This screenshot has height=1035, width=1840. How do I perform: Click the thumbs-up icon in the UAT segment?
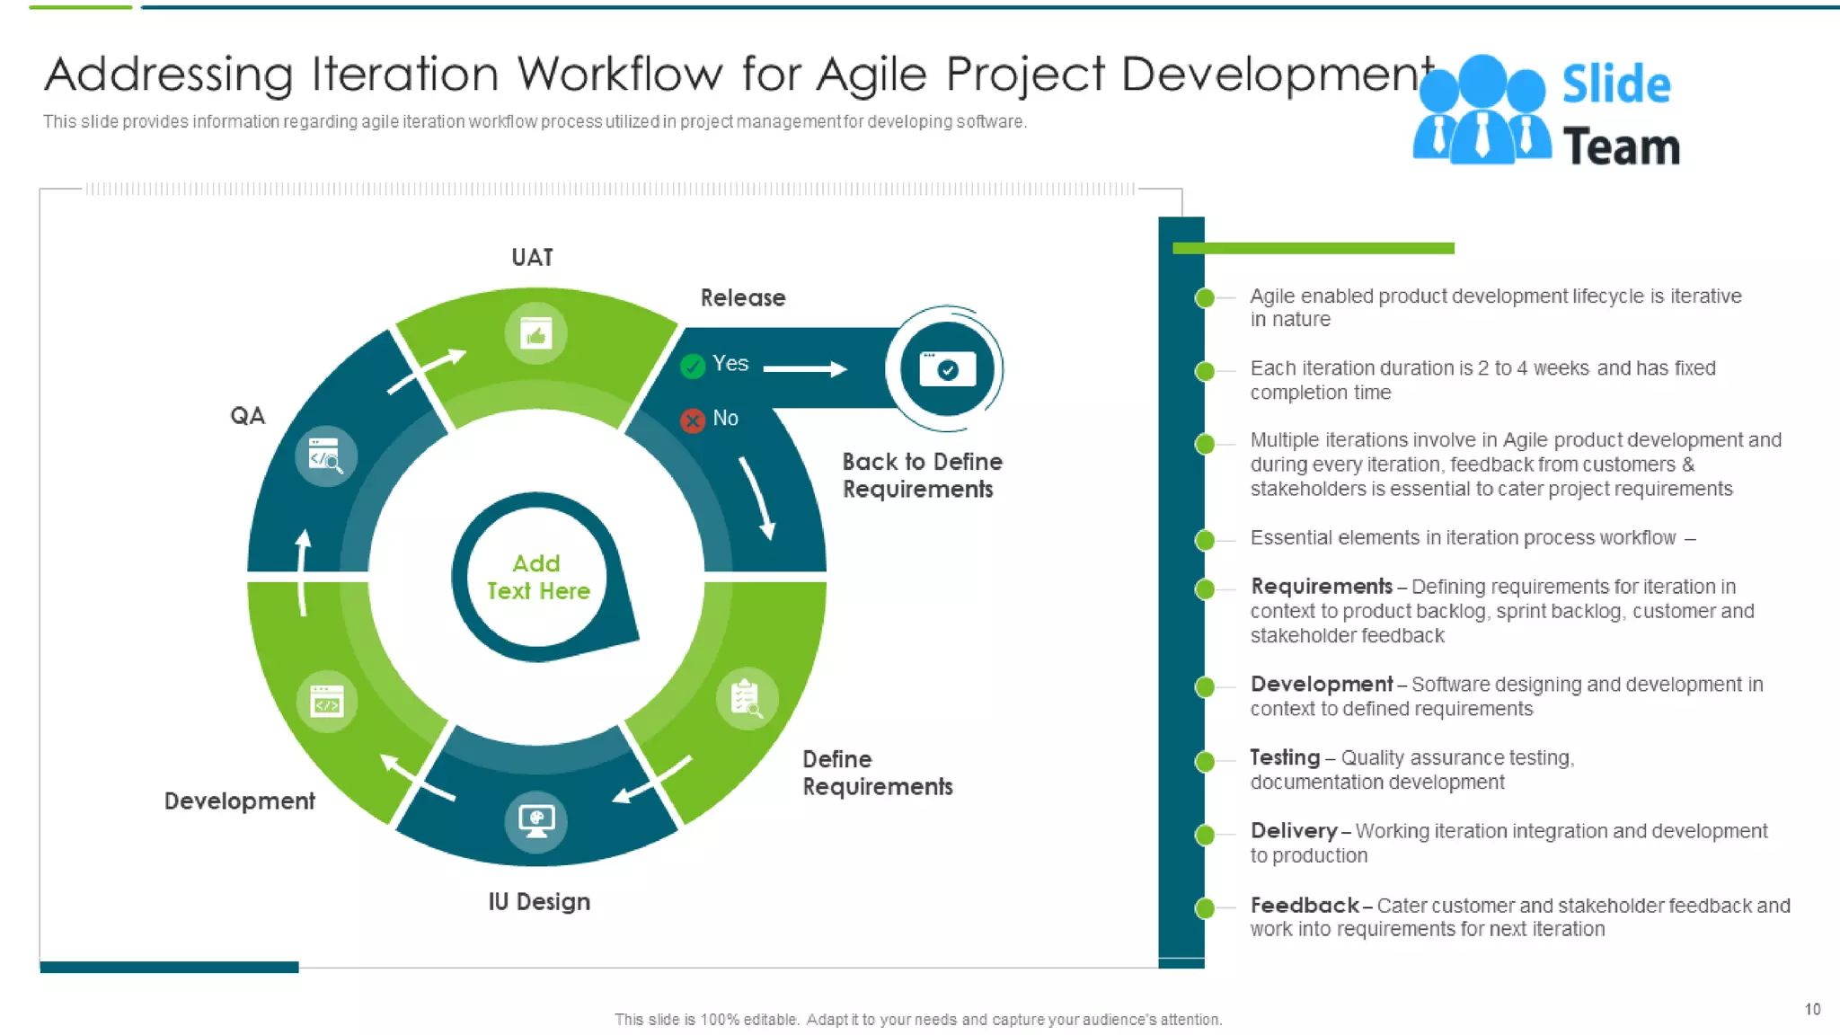point(535,334)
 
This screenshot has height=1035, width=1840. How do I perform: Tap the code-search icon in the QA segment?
point(325,456)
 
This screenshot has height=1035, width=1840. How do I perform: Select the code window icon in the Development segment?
point(326,701)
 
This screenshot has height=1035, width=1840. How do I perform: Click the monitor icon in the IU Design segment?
point(536,819)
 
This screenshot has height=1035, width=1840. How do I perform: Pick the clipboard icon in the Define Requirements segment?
point(746,698)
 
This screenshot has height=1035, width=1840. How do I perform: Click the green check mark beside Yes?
point(693,366)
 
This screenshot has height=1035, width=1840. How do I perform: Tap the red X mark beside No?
point(693,420)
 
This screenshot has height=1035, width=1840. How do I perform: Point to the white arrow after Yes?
point(805,368)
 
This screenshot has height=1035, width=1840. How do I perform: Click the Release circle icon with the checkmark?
point(946,369)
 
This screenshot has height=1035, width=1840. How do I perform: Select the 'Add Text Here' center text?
point(537,577)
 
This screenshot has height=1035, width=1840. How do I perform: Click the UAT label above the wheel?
point(532,258)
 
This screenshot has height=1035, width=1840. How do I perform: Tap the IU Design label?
point(539,901)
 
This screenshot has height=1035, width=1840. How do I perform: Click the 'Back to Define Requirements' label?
point(921,475)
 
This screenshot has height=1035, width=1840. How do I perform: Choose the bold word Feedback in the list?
point(1304,905)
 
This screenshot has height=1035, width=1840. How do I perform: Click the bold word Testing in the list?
point(1285,757)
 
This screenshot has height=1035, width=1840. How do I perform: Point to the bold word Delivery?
point(1293,831)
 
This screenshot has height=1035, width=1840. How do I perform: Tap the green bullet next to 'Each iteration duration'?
point(1205,371)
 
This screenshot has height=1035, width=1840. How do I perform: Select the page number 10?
point(1812,1009)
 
